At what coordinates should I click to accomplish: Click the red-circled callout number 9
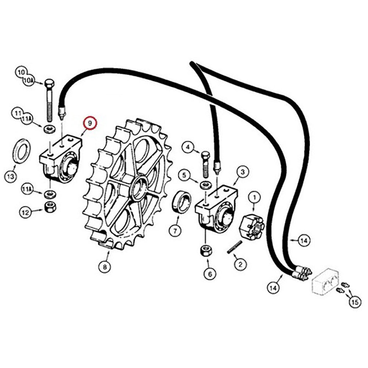point(91,123)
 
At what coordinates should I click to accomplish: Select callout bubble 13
point(11,176)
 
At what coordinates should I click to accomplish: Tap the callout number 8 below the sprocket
point(105,266)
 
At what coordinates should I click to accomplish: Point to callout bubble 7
point(175,230)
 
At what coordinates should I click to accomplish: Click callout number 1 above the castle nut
point(254,198)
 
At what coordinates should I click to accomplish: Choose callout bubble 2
point(240,264)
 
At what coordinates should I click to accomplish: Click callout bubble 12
point(25,212)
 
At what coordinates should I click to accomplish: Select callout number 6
point(210,274)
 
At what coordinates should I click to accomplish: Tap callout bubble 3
point(243,172)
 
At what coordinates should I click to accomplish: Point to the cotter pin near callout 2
point(234,247)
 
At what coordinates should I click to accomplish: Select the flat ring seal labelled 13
point(21,151)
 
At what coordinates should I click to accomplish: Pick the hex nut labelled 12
point(50,207)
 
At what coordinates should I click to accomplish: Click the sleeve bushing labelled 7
point(182,202)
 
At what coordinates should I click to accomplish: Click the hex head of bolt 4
point(205,155)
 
